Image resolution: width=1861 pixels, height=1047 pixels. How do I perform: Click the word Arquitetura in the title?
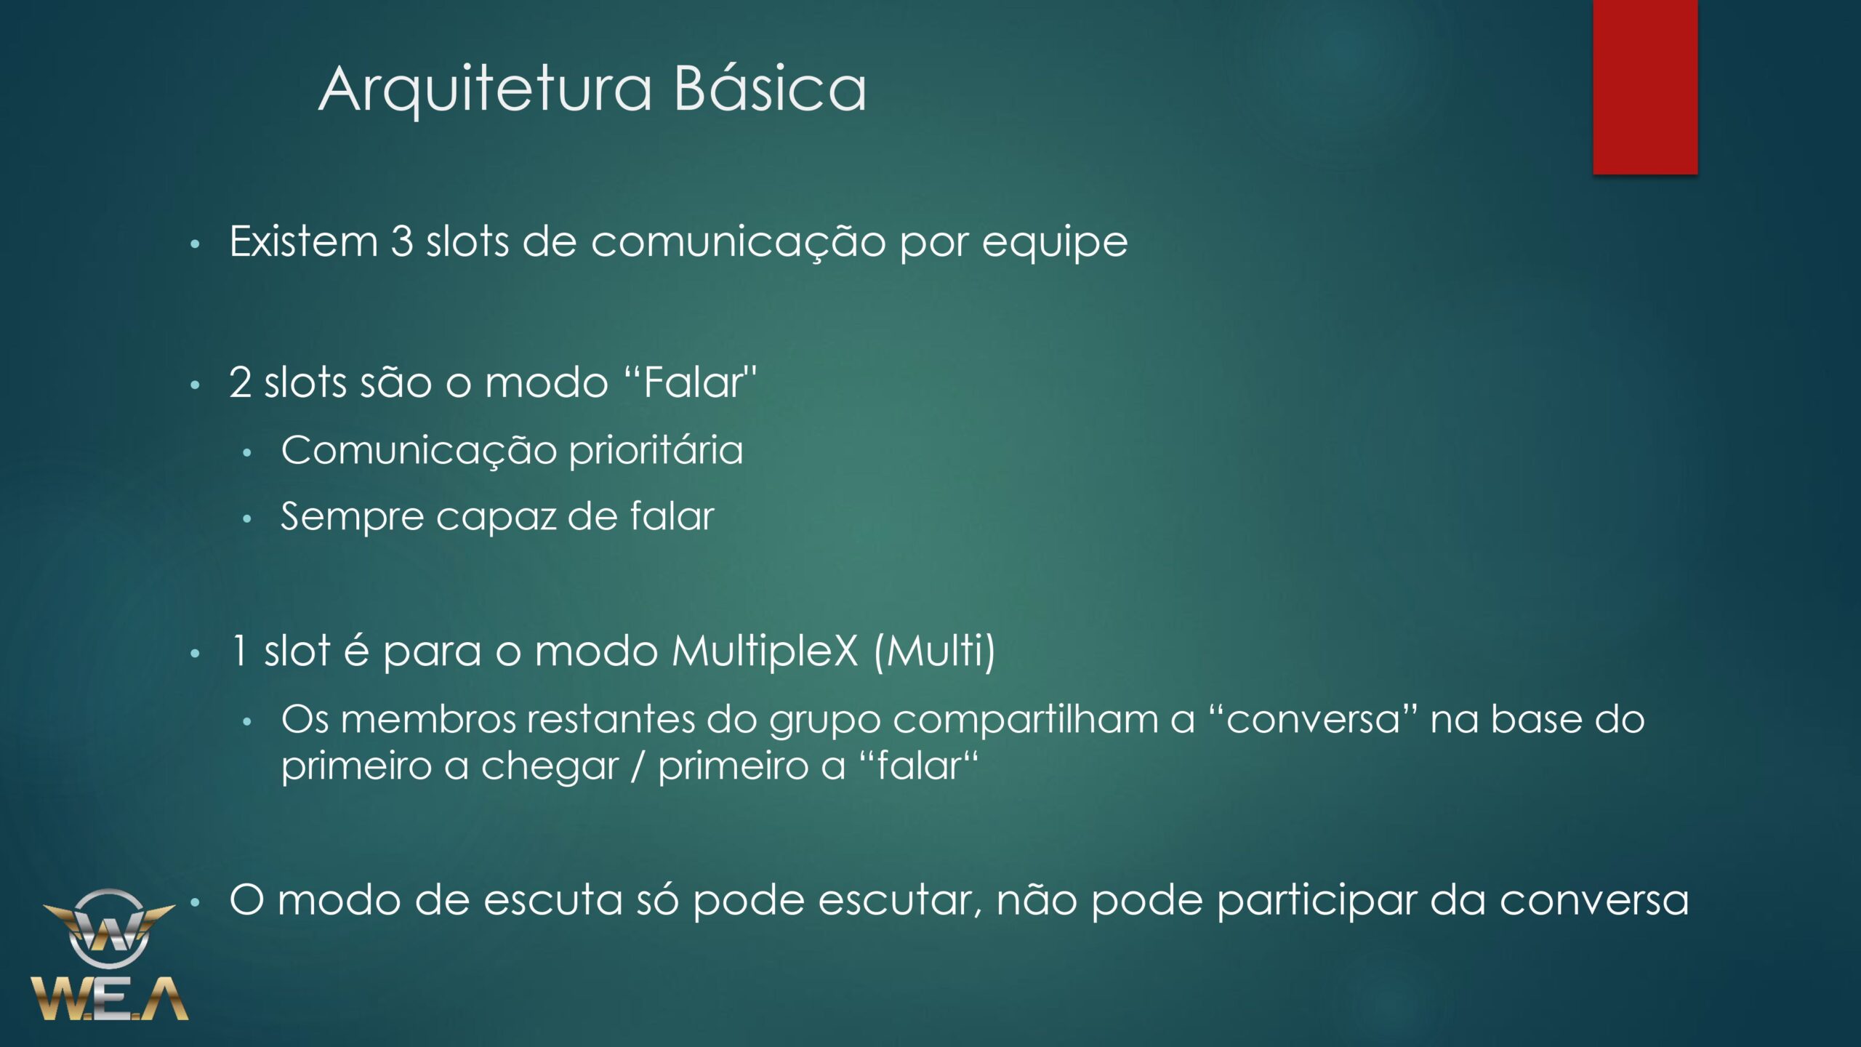click(486, 90)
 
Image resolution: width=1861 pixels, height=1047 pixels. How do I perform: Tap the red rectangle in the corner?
click(1645, 87)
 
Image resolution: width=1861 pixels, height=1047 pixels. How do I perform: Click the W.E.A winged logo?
click(109, 954)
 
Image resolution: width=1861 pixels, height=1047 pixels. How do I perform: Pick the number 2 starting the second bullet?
click(240, 382)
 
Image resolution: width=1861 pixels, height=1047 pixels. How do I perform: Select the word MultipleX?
click(765, 651)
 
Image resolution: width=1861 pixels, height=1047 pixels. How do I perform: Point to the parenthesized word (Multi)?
click(934, 651)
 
